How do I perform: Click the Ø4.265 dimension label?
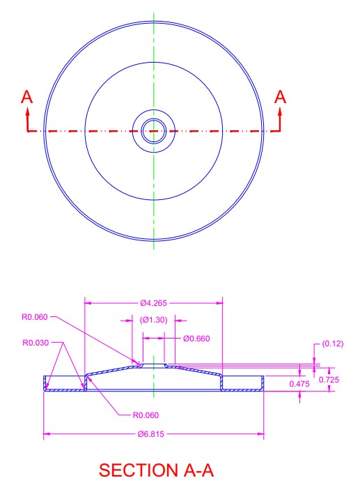tap(153, 303)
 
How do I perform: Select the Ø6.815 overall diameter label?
tap(151, 434)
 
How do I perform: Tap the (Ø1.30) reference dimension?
tap(153, 320)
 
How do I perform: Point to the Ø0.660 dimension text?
tap(196, 339)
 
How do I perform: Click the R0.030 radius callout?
tap(36, 343)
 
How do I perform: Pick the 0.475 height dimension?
tap(299, 384)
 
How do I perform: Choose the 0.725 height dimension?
tap(329, 380)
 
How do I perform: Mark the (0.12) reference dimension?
tap(333, 343)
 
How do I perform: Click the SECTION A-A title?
tap(157, 470)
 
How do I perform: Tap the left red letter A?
tap(26, 97)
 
